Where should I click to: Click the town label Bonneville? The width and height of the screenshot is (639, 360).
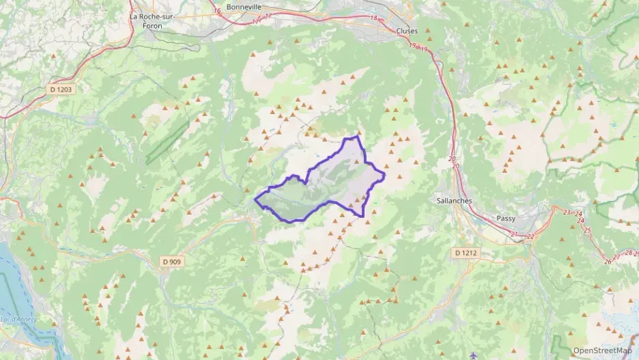pos(244,6)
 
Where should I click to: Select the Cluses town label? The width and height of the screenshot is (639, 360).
pos(407,31)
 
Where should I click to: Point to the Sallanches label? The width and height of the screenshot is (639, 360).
pos(454,201)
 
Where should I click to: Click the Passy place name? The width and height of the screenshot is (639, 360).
pos(507,219)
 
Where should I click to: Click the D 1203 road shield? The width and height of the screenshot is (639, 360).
pos(60,89)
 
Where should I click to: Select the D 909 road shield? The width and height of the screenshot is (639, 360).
pos(173,262)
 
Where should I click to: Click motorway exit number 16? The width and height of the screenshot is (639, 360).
pos(217,11)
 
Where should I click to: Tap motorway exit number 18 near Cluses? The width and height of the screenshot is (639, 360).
pos(373,18)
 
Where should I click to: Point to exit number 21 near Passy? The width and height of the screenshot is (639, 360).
pos(514,236)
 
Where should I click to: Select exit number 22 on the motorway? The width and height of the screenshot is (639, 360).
pos(530,236)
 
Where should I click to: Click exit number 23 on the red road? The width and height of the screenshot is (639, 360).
pos(567,212)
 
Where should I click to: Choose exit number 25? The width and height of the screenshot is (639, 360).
pos(587,230)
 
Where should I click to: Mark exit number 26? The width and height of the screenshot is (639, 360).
pos(608,262)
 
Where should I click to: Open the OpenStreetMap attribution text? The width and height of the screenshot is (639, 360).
pos(603,350)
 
